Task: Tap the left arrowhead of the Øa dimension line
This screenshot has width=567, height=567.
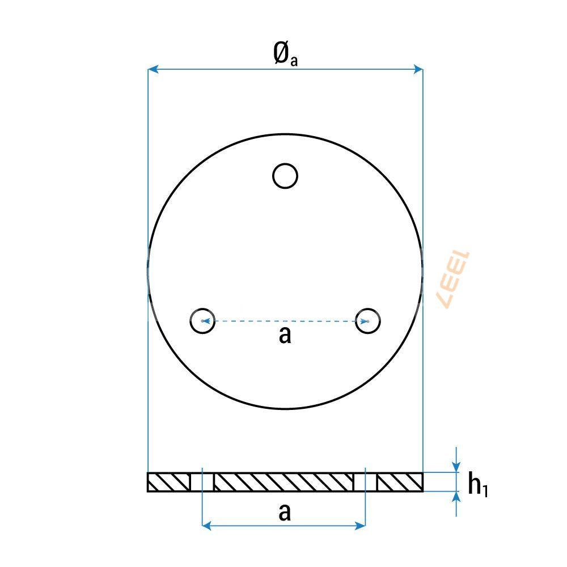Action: click(152, 69)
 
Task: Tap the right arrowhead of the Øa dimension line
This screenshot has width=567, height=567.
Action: click(418, 69)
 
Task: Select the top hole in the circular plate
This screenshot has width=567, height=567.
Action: click(285, 176)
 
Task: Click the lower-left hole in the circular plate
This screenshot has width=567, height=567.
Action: click(202, 320)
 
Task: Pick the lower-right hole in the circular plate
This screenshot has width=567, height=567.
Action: click(368, 320)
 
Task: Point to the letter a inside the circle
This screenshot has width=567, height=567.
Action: click(285, 335)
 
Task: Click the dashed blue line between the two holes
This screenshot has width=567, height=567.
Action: click(285, 321)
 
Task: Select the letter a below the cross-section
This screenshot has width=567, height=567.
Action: click(285, 512)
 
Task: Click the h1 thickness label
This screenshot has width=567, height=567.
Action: click(477, 485)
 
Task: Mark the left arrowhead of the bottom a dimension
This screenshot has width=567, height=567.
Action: click(206, 526)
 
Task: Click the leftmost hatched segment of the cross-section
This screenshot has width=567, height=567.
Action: click(168, 482)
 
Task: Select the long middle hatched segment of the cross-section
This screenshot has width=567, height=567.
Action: click(283, 482)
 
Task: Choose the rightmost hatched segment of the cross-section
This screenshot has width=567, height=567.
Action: click(400, 482)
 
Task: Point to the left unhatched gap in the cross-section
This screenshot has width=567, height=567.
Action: click(202, 482)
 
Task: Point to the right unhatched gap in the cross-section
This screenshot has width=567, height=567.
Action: click(366, 482)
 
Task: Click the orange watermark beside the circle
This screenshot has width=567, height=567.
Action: click(454, 280)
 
